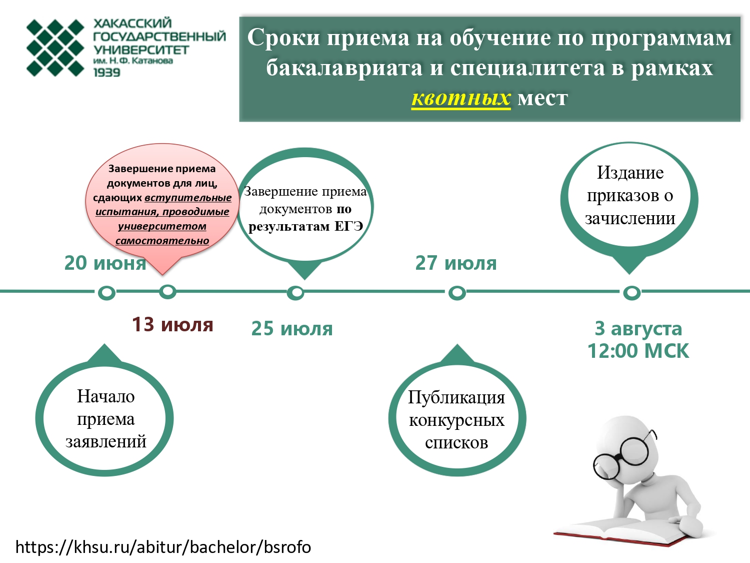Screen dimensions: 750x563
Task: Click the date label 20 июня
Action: tap(105, 263)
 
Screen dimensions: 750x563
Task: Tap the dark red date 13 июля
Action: tap(172, 324)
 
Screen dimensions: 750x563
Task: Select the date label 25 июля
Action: tap(292, 329)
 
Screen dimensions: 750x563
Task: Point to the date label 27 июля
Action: tap(456, 263)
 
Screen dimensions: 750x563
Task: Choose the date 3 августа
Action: tap(638, 329)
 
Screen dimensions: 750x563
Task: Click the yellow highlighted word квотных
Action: tap(461, 99)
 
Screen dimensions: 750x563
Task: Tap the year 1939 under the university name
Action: tap(107, 73)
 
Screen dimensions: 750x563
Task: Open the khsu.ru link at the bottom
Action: tap(163, 546)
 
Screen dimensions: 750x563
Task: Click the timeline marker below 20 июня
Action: tap(106, 293)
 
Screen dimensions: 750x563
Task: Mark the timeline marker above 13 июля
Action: tap(168, 292)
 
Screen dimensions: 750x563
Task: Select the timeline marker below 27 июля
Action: tap(457, 293)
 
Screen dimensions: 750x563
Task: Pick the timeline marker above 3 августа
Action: tap(632, 293)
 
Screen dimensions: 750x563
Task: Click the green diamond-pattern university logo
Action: tap(55, 48)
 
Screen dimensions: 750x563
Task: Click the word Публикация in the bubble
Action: tap(456, 398)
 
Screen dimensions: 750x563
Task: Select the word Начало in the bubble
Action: tap(106, 396)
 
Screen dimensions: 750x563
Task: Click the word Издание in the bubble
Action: tap(630, 173)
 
